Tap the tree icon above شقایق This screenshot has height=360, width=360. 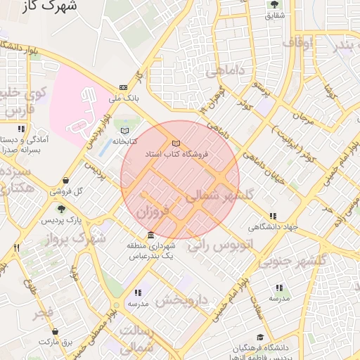coord(273,5)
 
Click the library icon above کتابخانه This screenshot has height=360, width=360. coord(125,131)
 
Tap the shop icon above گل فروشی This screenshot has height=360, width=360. coord(65,180)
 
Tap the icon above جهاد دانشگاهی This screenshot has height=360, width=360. coord(273,216)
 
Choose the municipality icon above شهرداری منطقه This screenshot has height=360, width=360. coord(150,235)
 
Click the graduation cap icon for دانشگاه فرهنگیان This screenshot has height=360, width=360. coord(260,337)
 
